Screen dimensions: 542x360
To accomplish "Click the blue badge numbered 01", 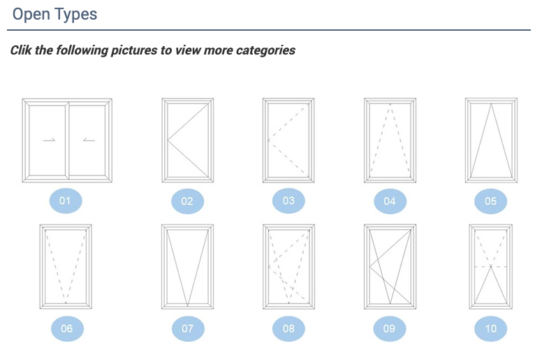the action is point(66,201).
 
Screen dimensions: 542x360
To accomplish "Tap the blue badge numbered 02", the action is point(187,201).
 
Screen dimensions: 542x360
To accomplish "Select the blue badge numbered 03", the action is point(288,201).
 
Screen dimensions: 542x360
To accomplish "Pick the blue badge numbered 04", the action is point(390,201).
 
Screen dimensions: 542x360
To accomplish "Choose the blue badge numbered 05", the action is point(491,201).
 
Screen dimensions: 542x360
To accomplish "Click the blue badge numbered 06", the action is point(67,328).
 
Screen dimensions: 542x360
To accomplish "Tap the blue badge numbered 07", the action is point(188,328).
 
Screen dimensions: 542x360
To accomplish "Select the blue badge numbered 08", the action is point(288,328).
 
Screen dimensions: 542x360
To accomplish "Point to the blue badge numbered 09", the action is point(390,328).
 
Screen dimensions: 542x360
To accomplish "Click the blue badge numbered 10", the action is point(491,328).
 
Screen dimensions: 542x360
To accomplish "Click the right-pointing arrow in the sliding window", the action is point(49,140).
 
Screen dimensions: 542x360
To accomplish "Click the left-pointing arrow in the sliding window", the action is point(89,140).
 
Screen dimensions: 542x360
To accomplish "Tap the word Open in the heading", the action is point(31,15).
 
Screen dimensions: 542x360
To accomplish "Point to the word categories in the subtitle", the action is point(265,50).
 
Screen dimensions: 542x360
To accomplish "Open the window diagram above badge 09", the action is point(390,266).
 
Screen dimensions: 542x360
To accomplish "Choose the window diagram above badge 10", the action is point(491,266).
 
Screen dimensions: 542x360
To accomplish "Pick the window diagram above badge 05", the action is point(491,141).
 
